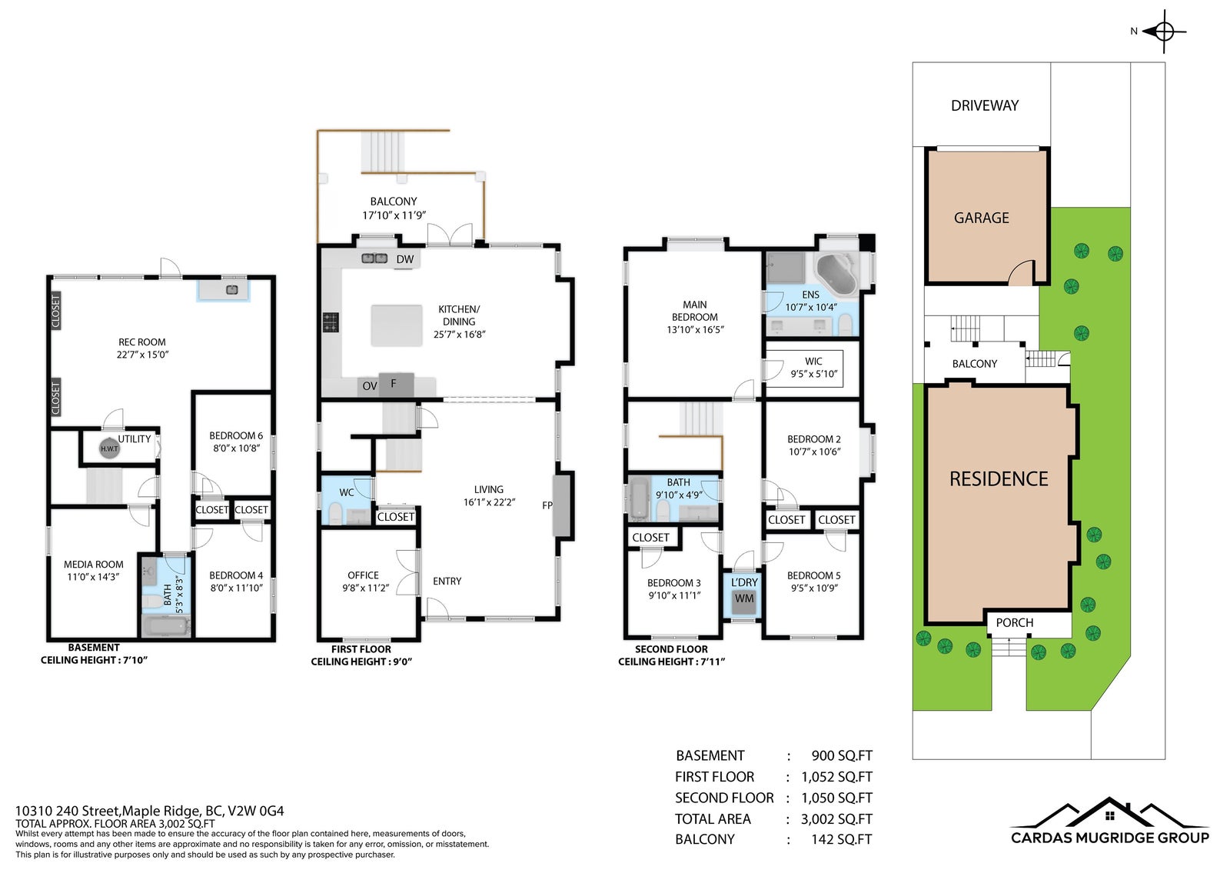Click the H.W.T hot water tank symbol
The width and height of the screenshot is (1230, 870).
(109, 448)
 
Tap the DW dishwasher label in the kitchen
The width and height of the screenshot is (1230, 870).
(404, 259)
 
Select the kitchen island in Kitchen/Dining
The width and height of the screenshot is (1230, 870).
(397, 325)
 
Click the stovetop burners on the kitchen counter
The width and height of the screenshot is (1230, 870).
(331, 322)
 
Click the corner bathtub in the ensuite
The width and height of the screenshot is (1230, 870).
(836, 275)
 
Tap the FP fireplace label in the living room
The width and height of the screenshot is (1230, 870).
(547, 505)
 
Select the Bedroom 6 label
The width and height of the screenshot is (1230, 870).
(235, 436)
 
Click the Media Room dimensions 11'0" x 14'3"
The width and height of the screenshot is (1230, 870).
(93, 576)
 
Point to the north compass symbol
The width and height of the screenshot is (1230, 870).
(1164, 32)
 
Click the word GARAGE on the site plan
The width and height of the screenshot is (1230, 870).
(981, 218)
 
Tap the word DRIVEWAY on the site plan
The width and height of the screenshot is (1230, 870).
(985, 105)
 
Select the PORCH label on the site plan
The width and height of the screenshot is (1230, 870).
(1014, 622)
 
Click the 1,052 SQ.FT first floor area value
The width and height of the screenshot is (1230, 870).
(836, 777)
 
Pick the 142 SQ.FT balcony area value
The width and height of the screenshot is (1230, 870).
(841, 839)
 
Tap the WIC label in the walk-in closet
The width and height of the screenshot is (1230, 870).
(813, 361)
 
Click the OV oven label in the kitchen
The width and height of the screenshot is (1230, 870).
(370, 386)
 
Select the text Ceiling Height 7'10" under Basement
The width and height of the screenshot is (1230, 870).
(94, 660)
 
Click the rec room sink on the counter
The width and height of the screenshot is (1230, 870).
(231, 289)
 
